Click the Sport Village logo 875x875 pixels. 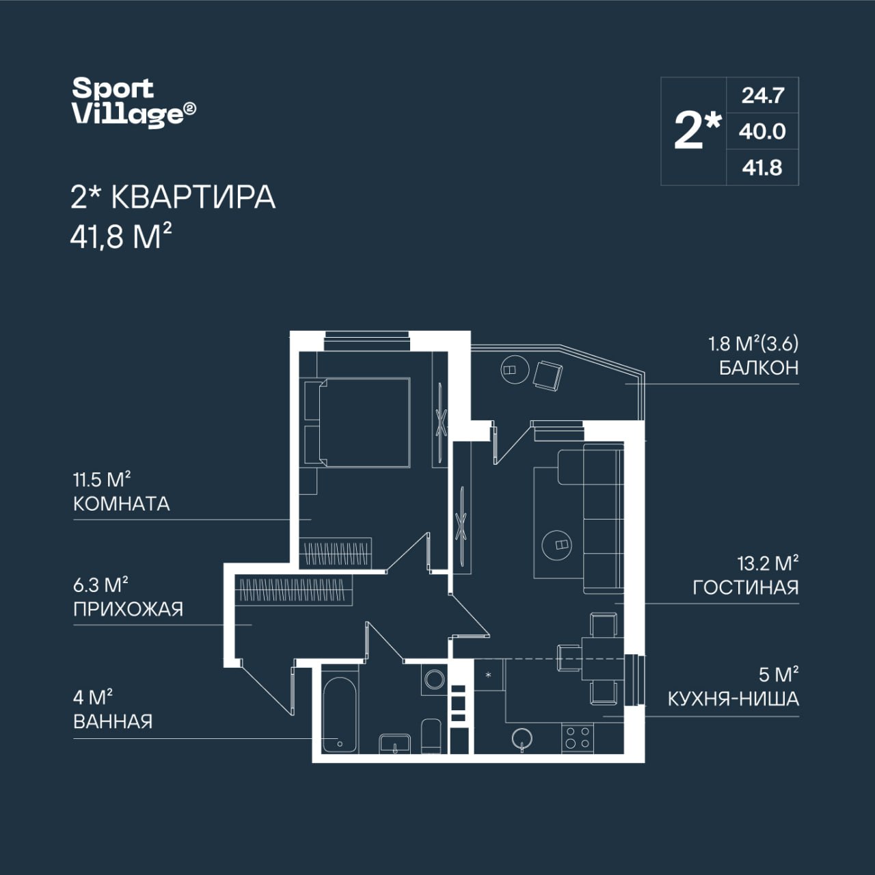135,102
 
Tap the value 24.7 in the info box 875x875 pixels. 763,95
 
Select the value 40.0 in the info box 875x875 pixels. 762,132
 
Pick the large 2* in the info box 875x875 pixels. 697,131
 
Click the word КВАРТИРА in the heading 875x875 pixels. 193,198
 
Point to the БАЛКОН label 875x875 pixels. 759,368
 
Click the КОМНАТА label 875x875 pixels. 122,504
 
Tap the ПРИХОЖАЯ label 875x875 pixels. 128,609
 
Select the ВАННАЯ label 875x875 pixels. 113,721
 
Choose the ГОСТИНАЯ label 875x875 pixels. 746,588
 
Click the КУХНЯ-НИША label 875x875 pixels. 733,699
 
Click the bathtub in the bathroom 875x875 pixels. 340,715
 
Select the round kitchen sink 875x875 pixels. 522,738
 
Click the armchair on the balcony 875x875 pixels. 548,375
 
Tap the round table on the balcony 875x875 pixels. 515,370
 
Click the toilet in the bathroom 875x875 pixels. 431,736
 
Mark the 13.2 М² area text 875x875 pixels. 768,564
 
